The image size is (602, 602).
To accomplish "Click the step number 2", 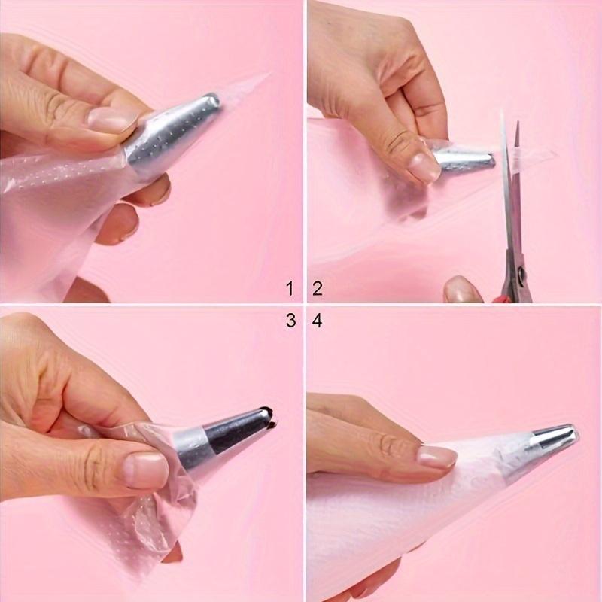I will [x=317, y=287].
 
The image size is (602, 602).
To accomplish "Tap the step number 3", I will [x=290, y=320].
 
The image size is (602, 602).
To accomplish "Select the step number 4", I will [x=317, y=320].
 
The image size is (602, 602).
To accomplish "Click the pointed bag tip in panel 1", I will [x=263, y=77].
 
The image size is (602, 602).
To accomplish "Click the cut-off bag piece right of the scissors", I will [x=538, y=154].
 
